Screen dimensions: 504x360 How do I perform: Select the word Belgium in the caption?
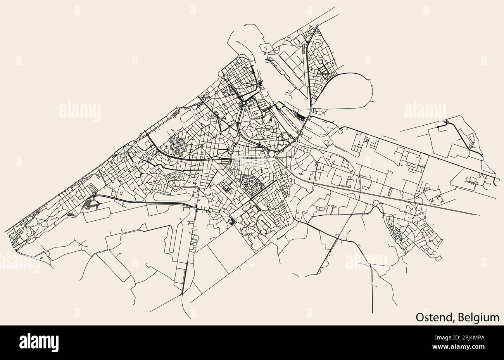click(x=478, y=317)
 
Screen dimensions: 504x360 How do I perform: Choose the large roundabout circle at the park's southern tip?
click(x=272, y=154)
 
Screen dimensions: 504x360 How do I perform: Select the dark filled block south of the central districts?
click(x=232, y=221)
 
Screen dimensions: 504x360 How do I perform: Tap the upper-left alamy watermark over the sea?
click(x=80, y=111)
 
